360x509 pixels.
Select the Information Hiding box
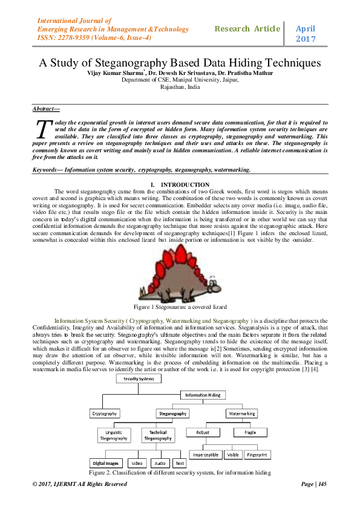203,395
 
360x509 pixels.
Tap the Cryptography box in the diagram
105,414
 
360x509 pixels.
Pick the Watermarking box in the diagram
241,414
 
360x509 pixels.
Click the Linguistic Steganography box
114,435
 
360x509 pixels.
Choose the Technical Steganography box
158,435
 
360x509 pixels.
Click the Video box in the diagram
137,463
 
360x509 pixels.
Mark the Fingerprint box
257,455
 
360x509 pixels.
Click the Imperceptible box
206,455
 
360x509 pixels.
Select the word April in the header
306,28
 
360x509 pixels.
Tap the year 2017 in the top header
306,39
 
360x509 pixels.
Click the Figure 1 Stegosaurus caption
180,307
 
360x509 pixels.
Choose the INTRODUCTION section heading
180,184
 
